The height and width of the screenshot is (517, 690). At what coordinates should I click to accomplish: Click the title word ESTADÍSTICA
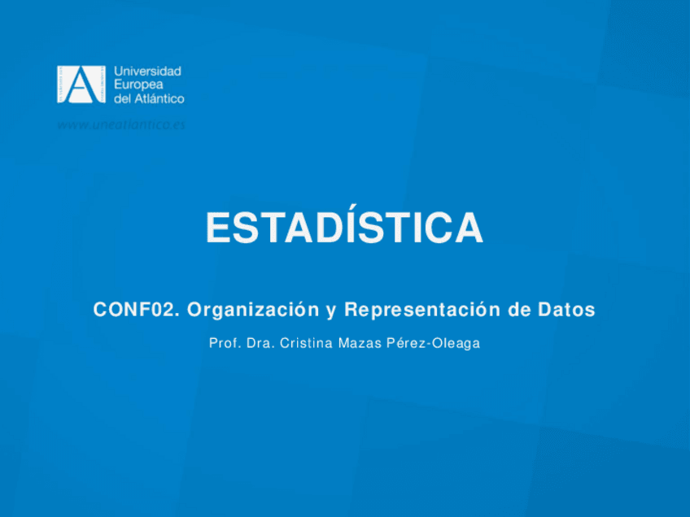point(344,228)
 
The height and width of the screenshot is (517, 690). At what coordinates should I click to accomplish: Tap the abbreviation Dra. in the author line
point(259,343)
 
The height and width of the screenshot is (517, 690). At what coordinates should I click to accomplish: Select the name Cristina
point(306,343)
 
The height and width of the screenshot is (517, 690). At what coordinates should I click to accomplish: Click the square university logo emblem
point(81,85)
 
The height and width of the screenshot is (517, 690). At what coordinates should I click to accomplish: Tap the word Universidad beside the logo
point(147,72)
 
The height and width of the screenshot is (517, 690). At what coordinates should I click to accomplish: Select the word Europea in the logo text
point(137,85)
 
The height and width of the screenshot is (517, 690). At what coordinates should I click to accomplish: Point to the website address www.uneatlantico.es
point(121,124)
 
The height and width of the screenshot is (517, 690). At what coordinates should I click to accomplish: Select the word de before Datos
point(517,310)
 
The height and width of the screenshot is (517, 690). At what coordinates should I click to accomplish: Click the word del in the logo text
point(121,98)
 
